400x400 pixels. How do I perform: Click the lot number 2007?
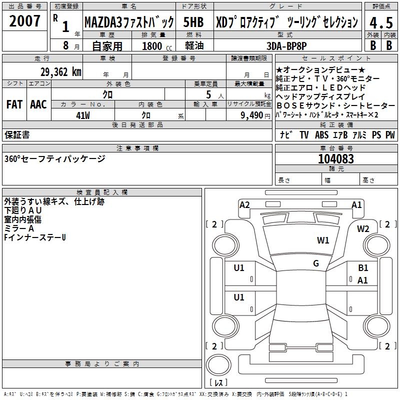pos(24,21)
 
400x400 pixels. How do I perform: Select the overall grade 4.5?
pos(381,22)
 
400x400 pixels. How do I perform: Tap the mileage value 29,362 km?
pos(60,72)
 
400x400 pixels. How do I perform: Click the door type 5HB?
pos(193,22)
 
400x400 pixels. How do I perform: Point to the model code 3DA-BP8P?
pos(286,46)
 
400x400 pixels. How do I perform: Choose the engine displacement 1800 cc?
pos(157,46)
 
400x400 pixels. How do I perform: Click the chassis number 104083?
pos(336,158)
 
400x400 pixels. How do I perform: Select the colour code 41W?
pos(83,115)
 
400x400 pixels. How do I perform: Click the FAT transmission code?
pos(14,104)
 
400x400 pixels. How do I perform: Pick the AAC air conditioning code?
pos(38,104)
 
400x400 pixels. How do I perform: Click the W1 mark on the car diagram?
pos(323,240)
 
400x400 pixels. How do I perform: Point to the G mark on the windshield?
pos(316,263)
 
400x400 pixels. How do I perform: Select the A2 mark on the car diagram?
pos(244,205)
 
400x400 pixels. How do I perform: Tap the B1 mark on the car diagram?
pos(363,267)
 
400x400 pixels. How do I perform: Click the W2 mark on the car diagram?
pos(363,228)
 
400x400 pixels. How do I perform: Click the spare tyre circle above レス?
pos(218,365)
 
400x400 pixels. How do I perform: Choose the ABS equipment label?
pos(321,135)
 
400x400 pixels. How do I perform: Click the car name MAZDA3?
pos(103,22)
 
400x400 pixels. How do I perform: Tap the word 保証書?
pos(17,134)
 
